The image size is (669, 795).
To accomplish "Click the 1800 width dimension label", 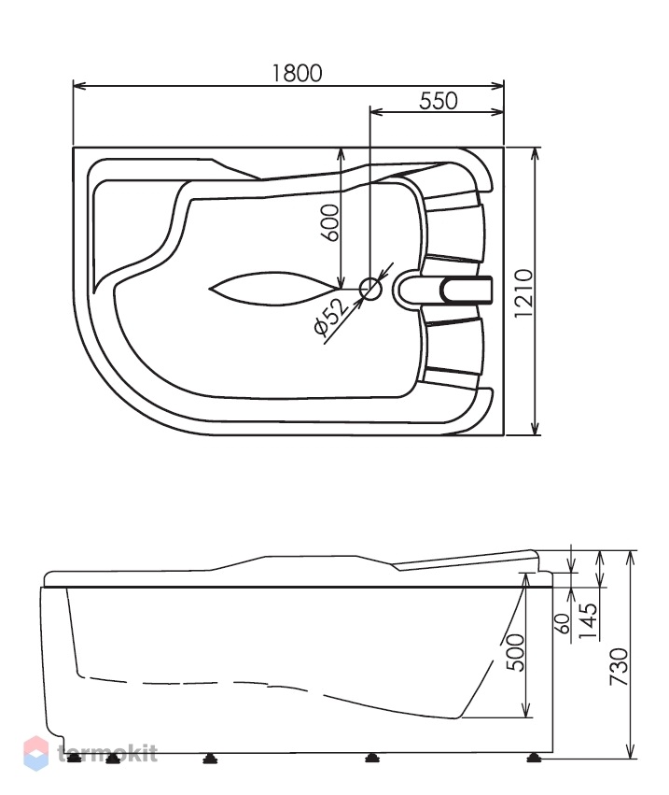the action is coord(297,73).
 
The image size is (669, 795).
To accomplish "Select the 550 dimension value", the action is coord(439,100).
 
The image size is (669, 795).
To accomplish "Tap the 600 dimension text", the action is coord(329,222).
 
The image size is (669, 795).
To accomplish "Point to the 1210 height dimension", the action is coord(523,293).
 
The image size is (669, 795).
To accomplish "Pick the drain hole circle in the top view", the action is coord(370,289).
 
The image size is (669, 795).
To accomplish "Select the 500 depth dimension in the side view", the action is coord(516,652).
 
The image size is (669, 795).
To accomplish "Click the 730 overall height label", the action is coord(619,667).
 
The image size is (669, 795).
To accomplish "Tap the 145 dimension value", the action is coord(588,621).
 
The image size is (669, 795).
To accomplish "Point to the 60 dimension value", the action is coord(564,623).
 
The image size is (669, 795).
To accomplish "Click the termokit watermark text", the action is coord(107,753).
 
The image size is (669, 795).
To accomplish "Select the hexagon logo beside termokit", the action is coord(36,753).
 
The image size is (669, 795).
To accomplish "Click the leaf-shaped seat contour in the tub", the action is coord(274,289).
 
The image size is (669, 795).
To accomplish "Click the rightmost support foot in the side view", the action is coord(533,758).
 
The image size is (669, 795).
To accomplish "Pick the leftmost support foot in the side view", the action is coord(75,758).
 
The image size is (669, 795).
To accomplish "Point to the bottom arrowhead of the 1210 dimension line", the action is coord(534,429).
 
